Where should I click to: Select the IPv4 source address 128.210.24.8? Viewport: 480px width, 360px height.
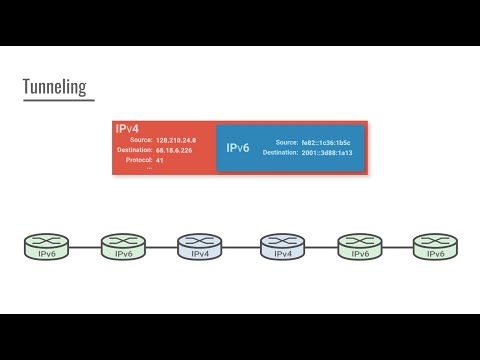tap(176, 141)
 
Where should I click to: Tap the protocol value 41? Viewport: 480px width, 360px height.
tap(160, 160)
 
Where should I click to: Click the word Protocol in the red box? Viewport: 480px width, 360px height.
tap(138, 160)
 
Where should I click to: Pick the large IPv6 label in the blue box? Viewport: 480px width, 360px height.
tap(238, 148)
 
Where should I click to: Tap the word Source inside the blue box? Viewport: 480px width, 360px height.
tap(286, 143)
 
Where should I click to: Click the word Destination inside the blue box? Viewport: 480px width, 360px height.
tap(280, 153)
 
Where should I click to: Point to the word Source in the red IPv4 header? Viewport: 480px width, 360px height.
tap(140, 141)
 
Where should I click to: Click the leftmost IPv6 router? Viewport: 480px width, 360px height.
tap(46, 246)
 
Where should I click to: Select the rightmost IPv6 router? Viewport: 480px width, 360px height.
tap(435, 246)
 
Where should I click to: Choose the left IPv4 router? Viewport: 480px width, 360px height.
tap(199, 246)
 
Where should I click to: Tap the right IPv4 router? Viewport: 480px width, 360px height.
tap(283, 246)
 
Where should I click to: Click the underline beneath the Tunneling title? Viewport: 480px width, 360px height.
tap(58, 100)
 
